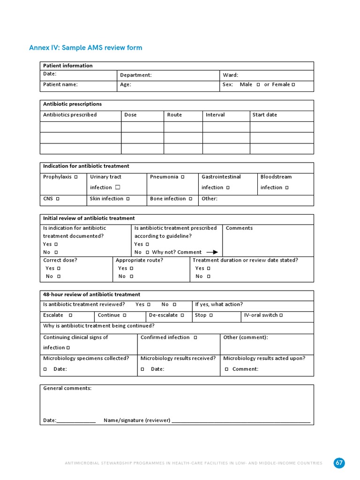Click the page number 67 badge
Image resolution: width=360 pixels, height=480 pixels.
pyautogui.click(x=339, y=463)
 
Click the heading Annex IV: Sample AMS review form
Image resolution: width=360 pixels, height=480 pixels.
pyautogui.click(x=85, y=48)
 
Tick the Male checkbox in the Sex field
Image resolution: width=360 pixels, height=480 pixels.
pyautogui.click(x=258, y=85)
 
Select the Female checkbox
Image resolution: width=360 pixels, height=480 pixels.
pyautogui.click(x=293, y=85)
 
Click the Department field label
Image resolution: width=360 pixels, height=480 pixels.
pyautogui.click(x=136, y=75)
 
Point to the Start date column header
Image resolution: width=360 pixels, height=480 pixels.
pyautogui.click(x=265, y=115)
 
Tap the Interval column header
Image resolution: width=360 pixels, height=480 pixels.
pyautogui.click(x=215, y=115)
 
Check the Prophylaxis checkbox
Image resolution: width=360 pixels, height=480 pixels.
pyautogui.click(x=76, y=177)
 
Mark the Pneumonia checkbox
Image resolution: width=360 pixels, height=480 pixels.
pyautogui.click(x=182, y=177)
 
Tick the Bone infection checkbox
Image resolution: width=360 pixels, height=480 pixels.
pyautogui.click(x=190, y=199)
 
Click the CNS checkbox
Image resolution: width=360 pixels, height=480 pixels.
pyautogui.click(x=58, y=199)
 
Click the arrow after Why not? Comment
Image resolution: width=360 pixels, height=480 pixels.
pyautogui.click(x=212, y=252)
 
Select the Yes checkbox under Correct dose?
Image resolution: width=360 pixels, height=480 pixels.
pyautogui.click(x=59, y=269)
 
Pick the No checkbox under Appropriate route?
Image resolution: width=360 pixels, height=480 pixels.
pyautogui.click(x=132, y=277)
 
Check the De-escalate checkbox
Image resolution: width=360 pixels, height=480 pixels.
pyautogui.click(x=182, y=315)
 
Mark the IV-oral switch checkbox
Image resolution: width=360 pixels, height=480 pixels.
pyautogui.click(x=281, y=315)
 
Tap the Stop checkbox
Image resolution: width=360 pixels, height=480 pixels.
pyautogui.click(x=211, y=315)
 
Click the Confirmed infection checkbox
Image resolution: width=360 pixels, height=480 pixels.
pyautogui.click(x=195, y=337)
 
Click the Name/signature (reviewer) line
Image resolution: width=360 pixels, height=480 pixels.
pyautogui.click(x=241, y=421)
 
